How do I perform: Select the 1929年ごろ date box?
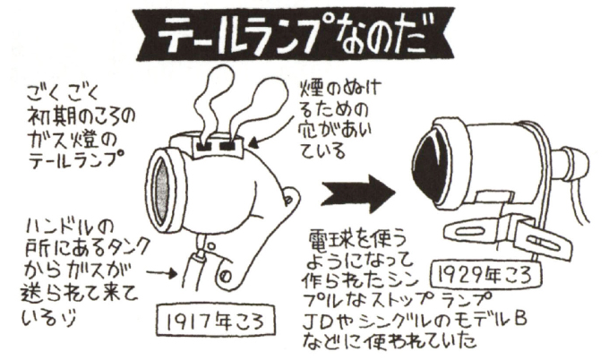click(486, 276)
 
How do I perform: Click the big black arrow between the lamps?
click(358, 193)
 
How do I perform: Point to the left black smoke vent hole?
click(205, 147)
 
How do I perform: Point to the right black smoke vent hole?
click(229, 146)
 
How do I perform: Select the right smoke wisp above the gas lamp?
click(253, 108)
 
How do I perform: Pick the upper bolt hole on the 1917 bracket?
click(287, 200)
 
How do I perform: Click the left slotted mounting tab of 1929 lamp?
click(471, 231)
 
